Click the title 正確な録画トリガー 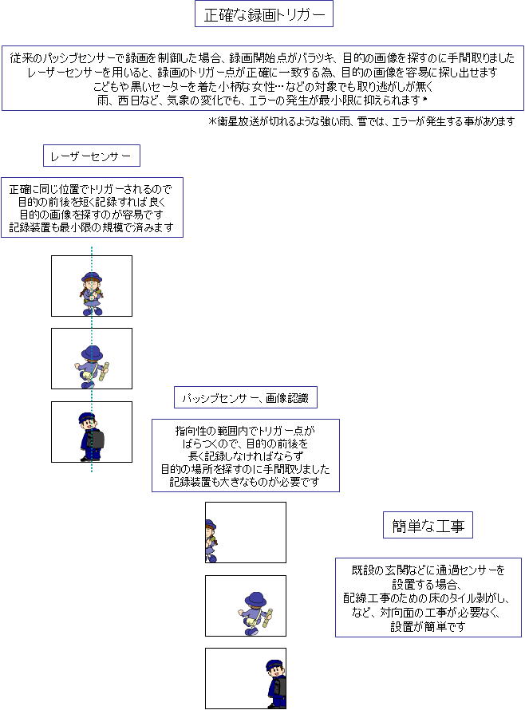[264, 14]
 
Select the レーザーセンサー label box [92, 156]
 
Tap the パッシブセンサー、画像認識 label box [246, 397]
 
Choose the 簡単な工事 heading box [428, 525]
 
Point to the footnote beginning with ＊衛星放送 [361, 121]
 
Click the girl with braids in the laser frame [92, 294]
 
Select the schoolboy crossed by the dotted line [91, 437]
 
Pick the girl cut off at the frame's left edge [211, 541]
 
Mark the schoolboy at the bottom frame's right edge [276, 684]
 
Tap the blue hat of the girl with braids [92, 278]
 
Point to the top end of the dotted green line [92, 247]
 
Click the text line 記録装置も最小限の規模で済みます [92, 227]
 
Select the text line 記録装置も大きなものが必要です [245, 482]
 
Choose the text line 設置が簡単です [428, 627]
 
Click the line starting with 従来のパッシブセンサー [262, 58]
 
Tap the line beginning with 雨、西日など [262, 100]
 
